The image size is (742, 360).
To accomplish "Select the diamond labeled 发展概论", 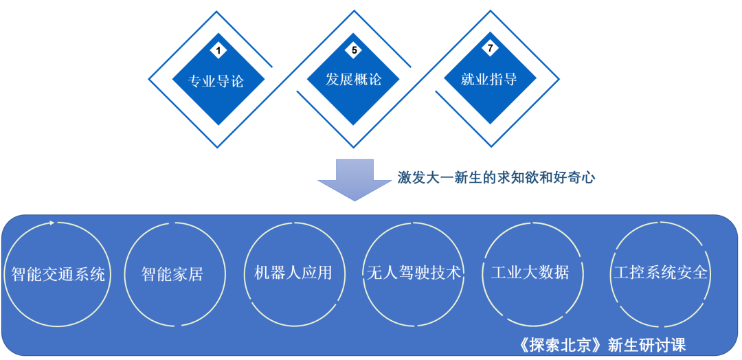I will coord(353,79).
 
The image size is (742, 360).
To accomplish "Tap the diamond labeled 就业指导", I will coord(489,79).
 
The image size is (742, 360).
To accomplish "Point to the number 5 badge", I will coord(354,50).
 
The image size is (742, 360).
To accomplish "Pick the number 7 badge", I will coord(490,49).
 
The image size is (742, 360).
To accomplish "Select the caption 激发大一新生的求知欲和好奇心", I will coord(496,177).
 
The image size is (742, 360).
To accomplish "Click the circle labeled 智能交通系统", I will coord(58,274).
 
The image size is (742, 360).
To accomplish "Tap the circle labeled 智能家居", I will coord(172,274).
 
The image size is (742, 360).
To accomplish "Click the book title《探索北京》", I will coord(563,344).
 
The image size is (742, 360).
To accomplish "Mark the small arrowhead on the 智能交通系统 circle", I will coord(53,222).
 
